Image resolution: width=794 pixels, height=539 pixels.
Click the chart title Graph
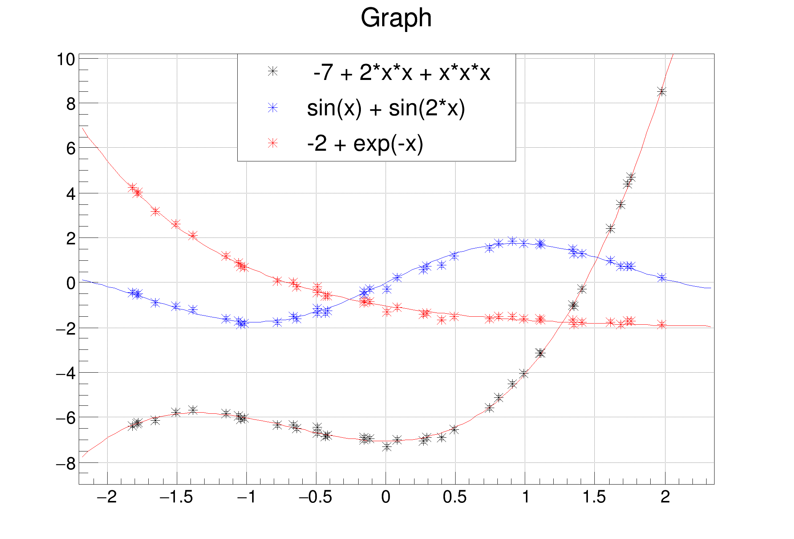[396, 18]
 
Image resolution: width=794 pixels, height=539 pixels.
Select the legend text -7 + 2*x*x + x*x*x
[402, 72]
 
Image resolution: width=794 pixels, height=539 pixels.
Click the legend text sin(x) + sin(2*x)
[386, 108]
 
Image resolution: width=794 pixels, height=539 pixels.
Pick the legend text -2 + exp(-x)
[365, 144]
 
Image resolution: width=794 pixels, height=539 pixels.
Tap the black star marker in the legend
[273, 72]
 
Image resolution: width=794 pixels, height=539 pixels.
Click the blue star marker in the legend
[273, 108]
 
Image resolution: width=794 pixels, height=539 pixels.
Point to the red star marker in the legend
[273, 143]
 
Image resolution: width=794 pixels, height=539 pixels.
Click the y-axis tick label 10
[65, 59]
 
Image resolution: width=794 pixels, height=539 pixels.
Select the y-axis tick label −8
[65, 463]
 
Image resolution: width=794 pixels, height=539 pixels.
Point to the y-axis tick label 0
[71, 283]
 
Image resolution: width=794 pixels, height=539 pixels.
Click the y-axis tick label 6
[71, 148]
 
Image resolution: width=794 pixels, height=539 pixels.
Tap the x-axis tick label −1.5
[176, 497]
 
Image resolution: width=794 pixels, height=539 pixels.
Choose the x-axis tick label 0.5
[455, 497]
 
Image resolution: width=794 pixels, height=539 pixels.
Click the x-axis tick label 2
[665, 497]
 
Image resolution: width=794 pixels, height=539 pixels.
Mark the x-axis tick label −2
[107, 497]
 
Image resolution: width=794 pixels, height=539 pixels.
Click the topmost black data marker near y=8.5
[662, 92]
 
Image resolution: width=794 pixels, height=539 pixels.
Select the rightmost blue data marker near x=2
[662, 278]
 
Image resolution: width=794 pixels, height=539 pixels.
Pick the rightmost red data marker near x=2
[662, 325]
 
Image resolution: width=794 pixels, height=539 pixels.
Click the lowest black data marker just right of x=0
[387, 447]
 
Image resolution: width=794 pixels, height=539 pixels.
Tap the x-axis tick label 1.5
[594, 497]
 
